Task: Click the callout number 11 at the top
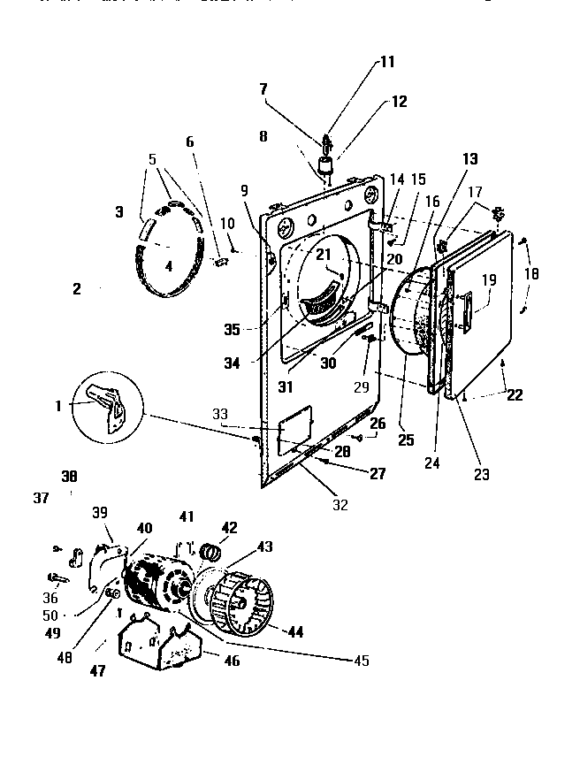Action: (388, 62)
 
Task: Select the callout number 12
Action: (400, 102)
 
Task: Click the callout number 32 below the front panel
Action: (340, 505)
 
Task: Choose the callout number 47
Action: (97, 671)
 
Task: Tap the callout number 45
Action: (360, 661)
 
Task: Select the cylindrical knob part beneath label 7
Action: (326, 167)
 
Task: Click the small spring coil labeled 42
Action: (210, 554)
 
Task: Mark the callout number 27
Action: (378, 473)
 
